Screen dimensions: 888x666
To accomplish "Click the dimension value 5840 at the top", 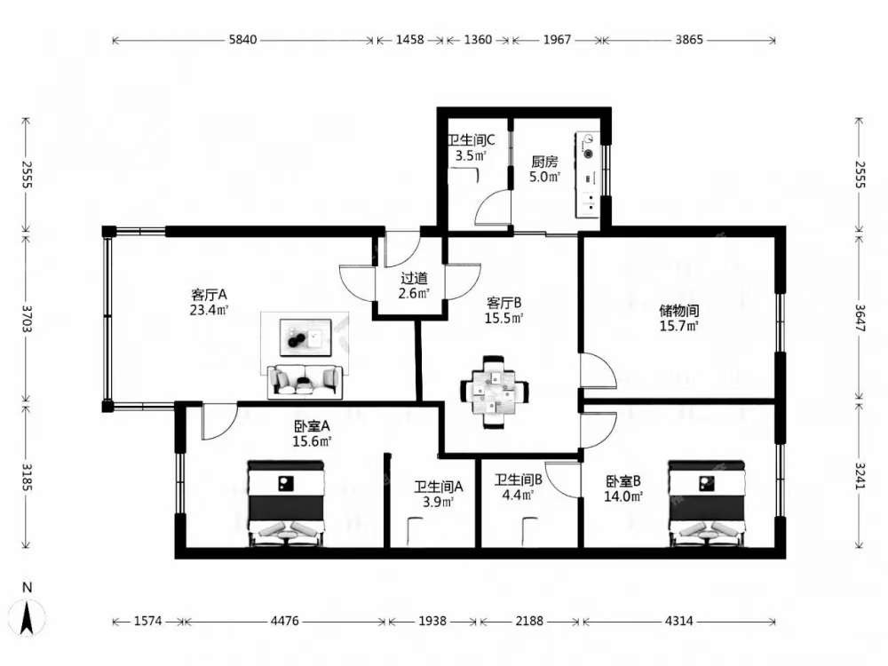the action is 242,40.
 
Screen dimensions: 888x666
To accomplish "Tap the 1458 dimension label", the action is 409,40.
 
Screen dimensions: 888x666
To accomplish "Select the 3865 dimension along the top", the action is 689,40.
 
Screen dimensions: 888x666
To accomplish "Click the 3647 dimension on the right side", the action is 860,319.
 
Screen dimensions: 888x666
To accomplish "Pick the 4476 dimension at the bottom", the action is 284,622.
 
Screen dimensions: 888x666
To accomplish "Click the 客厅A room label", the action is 209,295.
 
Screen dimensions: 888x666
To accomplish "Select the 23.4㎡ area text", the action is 209,310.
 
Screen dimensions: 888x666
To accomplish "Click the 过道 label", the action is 414,278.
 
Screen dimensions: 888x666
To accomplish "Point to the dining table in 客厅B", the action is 495,392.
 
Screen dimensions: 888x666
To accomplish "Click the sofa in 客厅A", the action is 305,381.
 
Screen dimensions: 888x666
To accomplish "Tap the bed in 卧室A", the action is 287,503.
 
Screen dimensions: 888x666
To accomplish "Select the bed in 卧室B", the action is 706,503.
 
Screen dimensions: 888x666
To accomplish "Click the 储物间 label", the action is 679,310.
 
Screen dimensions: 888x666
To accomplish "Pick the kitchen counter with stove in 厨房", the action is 588,174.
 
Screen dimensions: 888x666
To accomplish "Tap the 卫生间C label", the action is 472,140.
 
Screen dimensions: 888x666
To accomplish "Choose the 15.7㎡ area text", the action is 679,326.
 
